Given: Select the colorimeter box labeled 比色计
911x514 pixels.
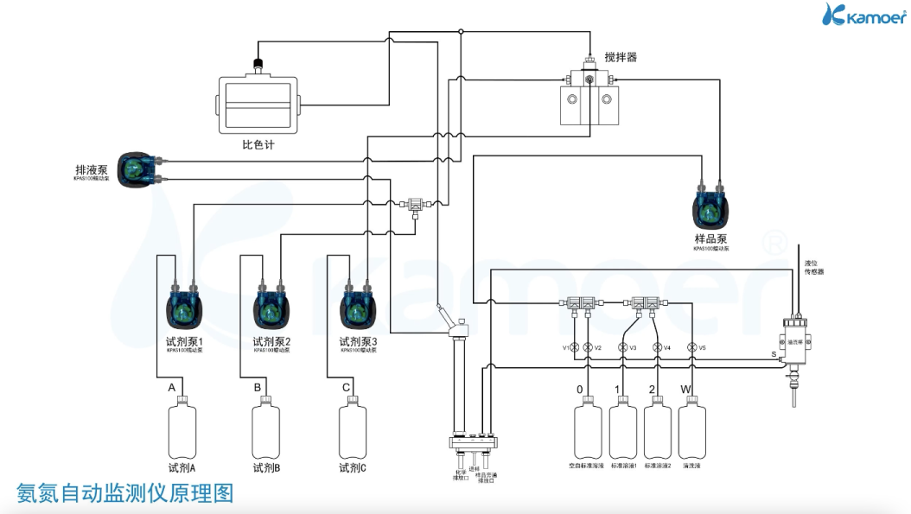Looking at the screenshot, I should click(257, 104).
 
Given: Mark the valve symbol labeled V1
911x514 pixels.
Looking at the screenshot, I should click(575, 347).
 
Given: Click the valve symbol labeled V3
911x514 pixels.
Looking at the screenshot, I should click(622, 347).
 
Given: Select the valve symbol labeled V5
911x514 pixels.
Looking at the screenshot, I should click(691, 347).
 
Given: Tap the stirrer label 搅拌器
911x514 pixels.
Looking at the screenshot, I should click(620, 58).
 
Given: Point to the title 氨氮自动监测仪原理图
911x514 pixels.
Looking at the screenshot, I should click(125, 493).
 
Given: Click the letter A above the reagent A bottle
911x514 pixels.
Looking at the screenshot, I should click(171, 388).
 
